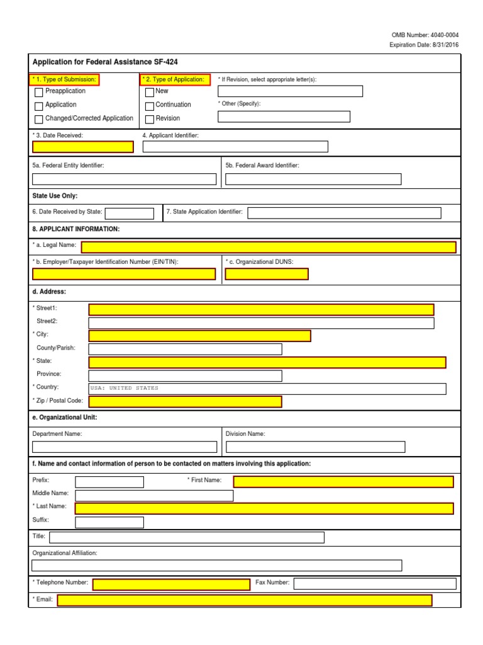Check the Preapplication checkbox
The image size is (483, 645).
coord(39,92)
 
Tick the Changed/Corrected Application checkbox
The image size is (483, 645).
coord(39,119)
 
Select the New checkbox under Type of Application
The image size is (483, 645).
coord(150,92)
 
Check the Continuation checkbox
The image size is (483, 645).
coord(150,105)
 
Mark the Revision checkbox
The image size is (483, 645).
coord(150,119)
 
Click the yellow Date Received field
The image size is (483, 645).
coord(83,147)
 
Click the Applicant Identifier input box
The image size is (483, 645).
coord(235,147)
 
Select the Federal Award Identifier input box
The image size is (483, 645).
coord(313,179)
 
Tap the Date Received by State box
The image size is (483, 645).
coord(129,214)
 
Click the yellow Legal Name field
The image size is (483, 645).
coord(269,247)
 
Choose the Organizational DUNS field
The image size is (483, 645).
coord(267,274)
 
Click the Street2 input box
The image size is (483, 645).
coord(261,323)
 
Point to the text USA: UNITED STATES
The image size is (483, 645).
coord(125,389)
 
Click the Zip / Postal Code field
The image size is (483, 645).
coord(185,402)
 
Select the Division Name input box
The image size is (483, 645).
coord(315,447)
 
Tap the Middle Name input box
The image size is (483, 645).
coord(154,495)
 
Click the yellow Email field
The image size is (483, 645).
coord(244,600)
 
